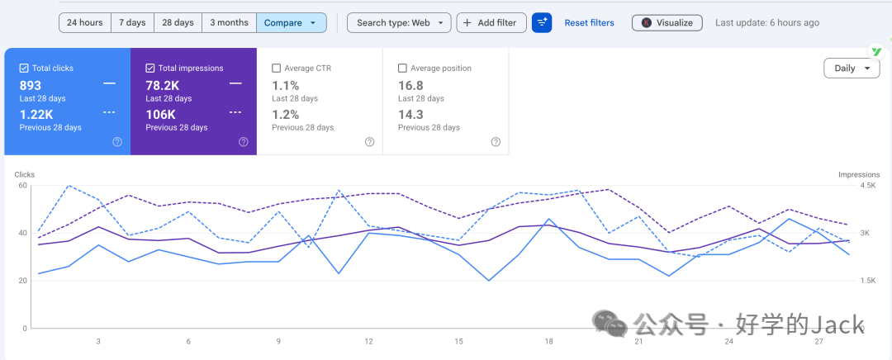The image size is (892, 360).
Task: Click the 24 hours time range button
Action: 85,23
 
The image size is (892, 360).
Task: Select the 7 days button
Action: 132,23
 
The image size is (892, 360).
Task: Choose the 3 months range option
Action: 230,23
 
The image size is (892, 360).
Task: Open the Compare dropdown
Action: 292,23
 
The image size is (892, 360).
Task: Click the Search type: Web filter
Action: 399,23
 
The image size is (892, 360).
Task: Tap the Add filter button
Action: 491,23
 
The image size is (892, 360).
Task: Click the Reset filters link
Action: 590,23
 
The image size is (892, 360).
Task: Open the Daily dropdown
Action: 852,69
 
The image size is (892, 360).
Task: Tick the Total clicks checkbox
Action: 24,69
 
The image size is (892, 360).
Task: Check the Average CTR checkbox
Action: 277,69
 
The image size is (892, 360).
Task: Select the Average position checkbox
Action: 403,69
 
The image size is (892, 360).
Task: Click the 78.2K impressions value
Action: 164,85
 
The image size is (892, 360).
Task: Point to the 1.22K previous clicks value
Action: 36,114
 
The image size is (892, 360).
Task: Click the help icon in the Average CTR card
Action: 370,142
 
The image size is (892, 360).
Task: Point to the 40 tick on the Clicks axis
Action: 23,233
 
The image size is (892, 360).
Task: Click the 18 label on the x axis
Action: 549,341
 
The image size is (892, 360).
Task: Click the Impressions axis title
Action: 859,174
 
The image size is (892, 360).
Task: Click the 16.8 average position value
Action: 410,85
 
